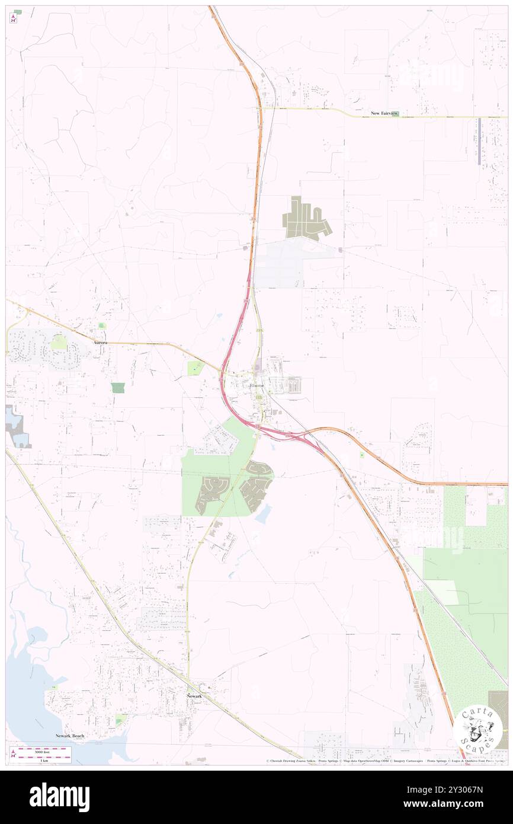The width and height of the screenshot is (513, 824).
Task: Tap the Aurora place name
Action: (x=100, y=343)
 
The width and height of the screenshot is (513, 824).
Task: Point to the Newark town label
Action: (x=195, y=695)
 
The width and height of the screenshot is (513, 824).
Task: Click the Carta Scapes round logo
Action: (x=479, y=729)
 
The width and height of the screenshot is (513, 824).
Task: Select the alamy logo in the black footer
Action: (x=59, y=797)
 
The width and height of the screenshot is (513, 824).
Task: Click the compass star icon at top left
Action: (x=13, y=19)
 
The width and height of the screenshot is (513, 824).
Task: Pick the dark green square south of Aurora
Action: (x=118, y=388)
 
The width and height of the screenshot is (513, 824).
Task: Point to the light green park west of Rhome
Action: (x=195, y=368)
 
